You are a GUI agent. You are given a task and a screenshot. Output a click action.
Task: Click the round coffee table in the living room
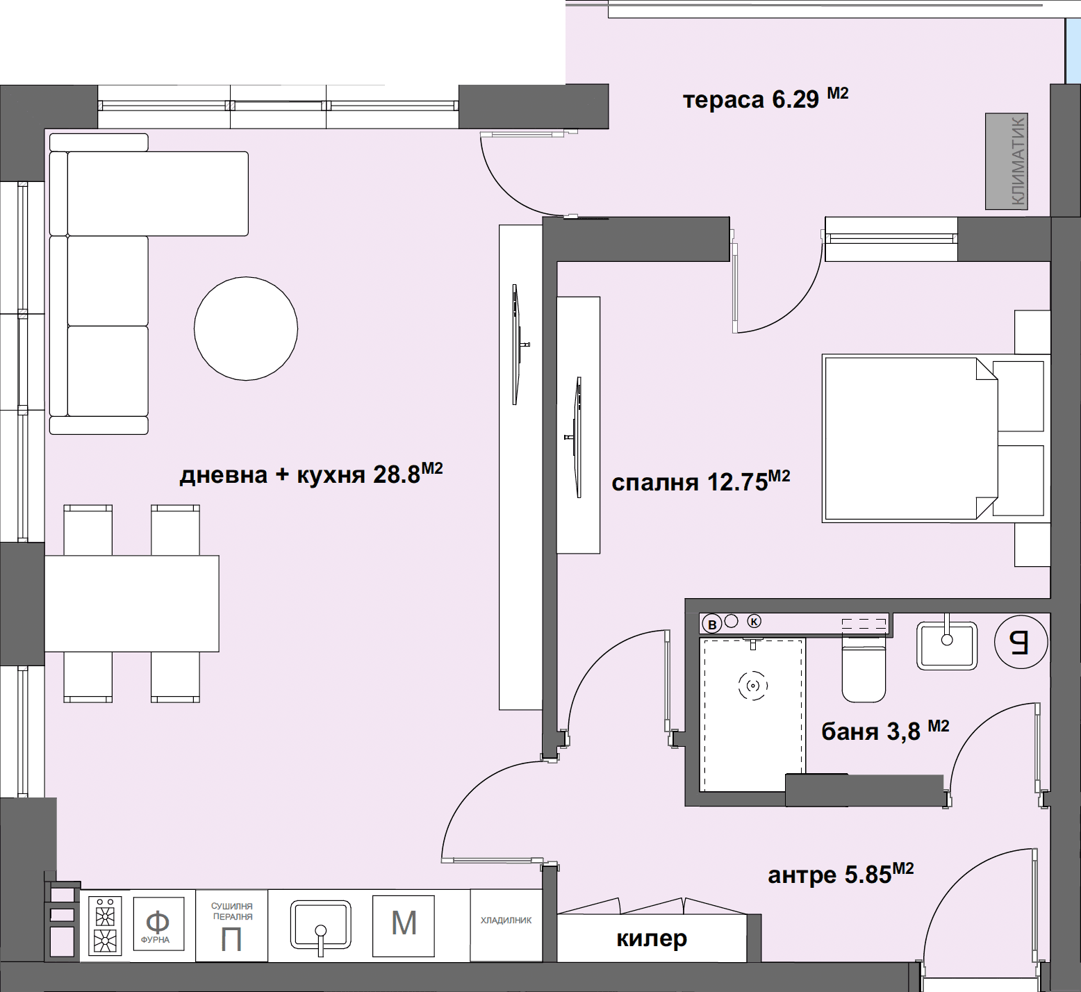tap(246, 329)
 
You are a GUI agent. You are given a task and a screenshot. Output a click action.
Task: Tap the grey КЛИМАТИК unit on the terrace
tap(1007, 161)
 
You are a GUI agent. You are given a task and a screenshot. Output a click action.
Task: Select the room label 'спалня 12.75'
tap(700, 481)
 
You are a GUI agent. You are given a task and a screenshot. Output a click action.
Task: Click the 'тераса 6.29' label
tap(766, 99)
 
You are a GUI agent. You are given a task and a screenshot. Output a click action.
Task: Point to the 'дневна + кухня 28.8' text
tap(311, 474)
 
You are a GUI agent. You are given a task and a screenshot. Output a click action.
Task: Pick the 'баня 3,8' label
tap(885, 731)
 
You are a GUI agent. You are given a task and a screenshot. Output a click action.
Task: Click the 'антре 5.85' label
tap(841, 874)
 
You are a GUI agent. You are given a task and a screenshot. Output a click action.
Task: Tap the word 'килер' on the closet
tap(652, 939)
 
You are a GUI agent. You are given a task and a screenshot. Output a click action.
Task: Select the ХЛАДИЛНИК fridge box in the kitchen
tap(506, 925)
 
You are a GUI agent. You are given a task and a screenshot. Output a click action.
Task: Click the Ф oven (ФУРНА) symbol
tap(158, 925)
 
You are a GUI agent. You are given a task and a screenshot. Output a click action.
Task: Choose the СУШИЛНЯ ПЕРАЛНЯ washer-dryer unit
tap(232, 926)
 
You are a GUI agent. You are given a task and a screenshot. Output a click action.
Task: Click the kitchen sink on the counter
tap(320, 925)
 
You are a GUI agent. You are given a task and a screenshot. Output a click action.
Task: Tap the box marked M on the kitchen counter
tap(404, 925)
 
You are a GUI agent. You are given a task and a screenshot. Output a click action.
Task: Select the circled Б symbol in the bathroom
tap(1021, 642)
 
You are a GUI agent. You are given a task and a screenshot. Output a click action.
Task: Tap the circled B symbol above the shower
tap(712, 625)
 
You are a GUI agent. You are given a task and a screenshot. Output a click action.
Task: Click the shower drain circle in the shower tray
tap(753, 686)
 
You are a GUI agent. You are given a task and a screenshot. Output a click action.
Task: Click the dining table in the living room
tap(132, 603)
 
